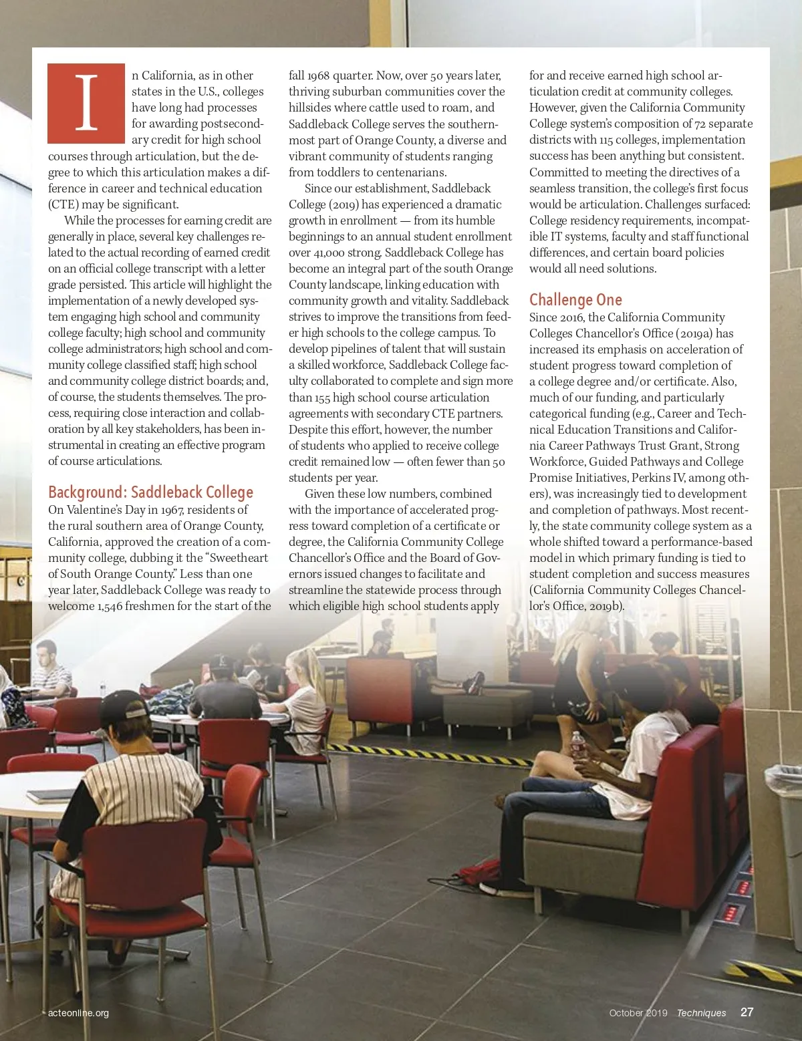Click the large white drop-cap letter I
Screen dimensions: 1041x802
click(86, 103)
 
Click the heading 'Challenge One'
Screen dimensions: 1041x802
click(575, 300)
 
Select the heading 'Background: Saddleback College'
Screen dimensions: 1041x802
click(150, 492)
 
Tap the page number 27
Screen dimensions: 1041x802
click(747, 1012)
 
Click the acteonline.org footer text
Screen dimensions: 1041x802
click(78, 1013)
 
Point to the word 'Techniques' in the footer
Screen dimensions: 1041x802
click(701, 1013)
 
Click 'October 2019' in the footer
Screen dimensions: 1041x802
click(638, 1013)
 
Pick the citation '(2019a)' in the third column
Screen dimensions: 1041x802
click(696, 333)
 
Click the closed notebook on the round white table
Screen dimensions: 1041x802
click(51, 795)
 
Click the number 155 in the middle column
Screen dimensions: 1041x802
click(321, 398)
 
